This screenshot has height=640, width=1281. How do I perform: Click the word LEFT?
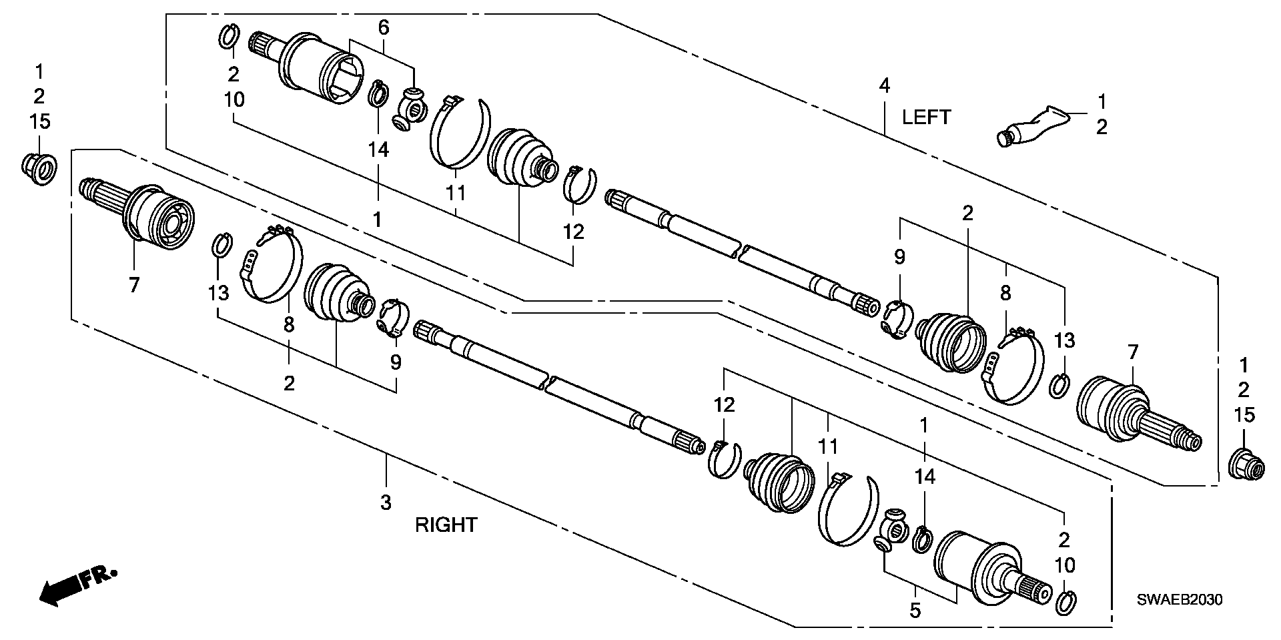[926, 117]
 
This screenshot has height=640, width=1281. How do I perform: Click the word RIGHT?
[446, 525]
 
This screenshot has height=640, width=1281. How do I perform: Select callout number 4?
[884, 86]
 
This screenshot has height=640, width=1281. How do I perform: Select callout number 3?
[386, 503]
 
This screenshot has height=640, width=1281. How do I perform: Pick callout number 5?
[915, 609]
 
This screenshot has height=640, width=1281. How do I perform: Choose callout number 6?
[383, 27]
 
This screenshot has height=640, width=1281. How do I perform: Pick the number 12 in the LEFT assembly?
[573, 232]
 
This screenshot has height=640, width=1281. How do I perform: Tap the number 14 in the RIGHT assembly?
[925, 476]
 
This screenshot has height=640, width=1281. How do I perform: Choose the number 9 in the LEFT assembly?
[899, 256]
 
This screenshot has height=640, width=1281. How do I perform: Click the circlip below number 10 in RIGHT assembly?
[1065, 602]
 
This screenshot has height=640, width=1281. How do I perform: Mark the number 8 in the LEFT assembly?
[1005, 292]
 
